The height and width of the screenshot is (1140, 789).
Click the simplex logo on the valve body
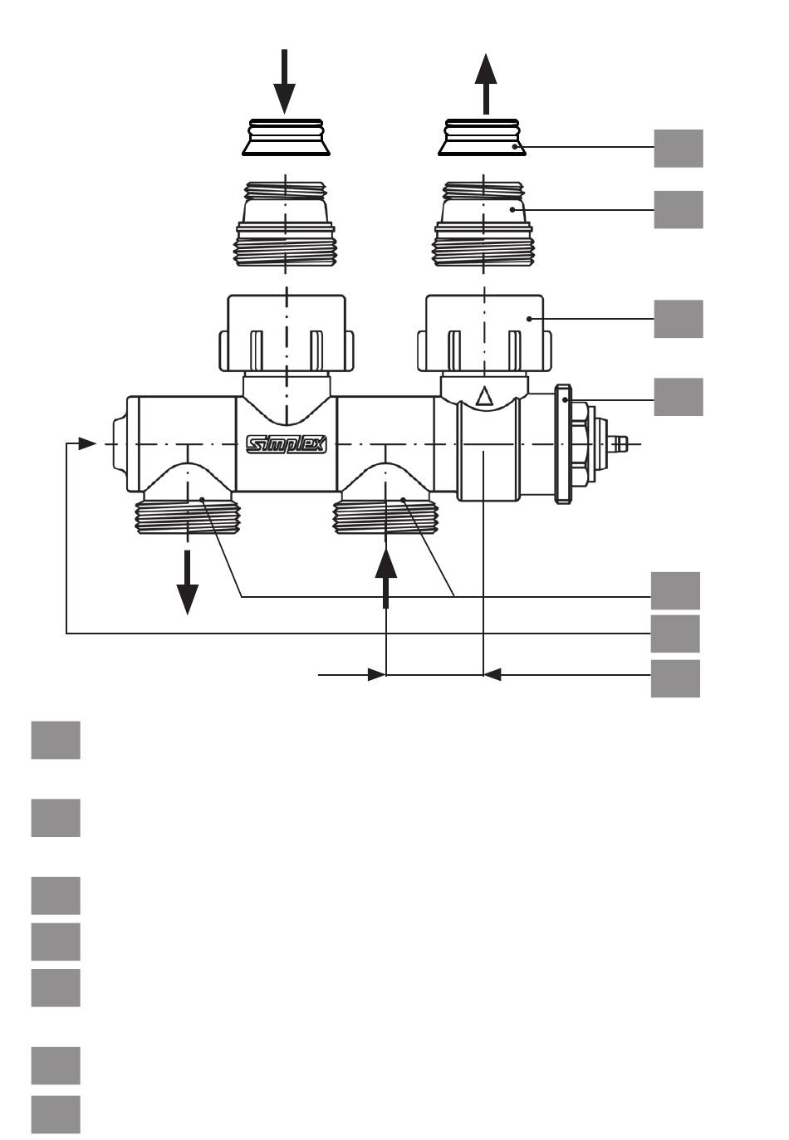click(x=286, y=444)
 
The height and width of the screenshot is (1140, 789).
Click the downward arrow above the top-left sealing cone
click(x=284, y=81)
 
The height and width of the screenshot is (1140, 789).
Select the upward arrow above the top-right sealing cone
click(x=486, y=84)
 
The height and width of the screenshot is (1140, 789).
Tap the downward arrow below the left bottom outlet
click(x=188, y=582)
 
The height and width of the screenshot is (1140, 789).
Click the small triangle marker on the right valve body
click(x=484, y=396)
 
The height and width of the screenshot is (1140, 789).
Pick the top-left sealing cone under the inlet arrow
click(x=286, y=137)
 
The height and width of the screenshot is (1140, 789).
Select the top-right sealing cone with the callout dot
click(x=482, y=137)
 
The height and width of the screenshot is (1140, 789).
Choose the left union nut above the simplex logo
click(x=286, y=333)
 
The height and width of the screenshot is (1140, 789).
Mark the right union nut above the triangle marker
click(x=484, y=333)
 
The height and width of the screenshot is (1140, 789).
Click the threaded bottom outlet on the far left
click(x=188, y=516)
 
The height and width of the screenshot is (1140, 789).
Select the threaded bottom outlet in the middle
click(x=385, y=516)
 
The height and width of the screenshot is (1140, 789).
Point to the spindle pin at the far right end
click(x=621, y=443)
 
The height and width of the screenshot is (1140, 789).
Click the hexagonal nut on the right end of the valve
click(x=582, y=443)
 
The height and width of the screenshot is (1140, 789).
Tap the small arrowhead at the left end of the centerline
click(x=87, y=443)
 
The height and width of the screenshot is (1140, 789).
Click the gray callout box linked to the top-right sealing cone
click(x=678, y=148)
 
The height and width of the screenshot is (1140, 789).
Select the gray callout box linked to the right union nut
click(x=678, y=319)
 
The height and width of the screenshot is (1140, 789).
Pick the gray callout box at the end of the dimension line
click(x=675, y=678)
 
